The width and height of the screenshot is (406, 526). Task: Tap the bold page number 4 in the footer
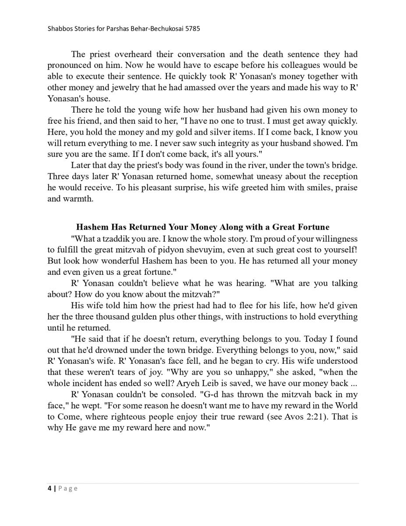click(x=49, y=488)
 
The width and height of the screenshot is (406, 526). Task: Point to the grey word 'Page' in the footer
click(x=68, y=488)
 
